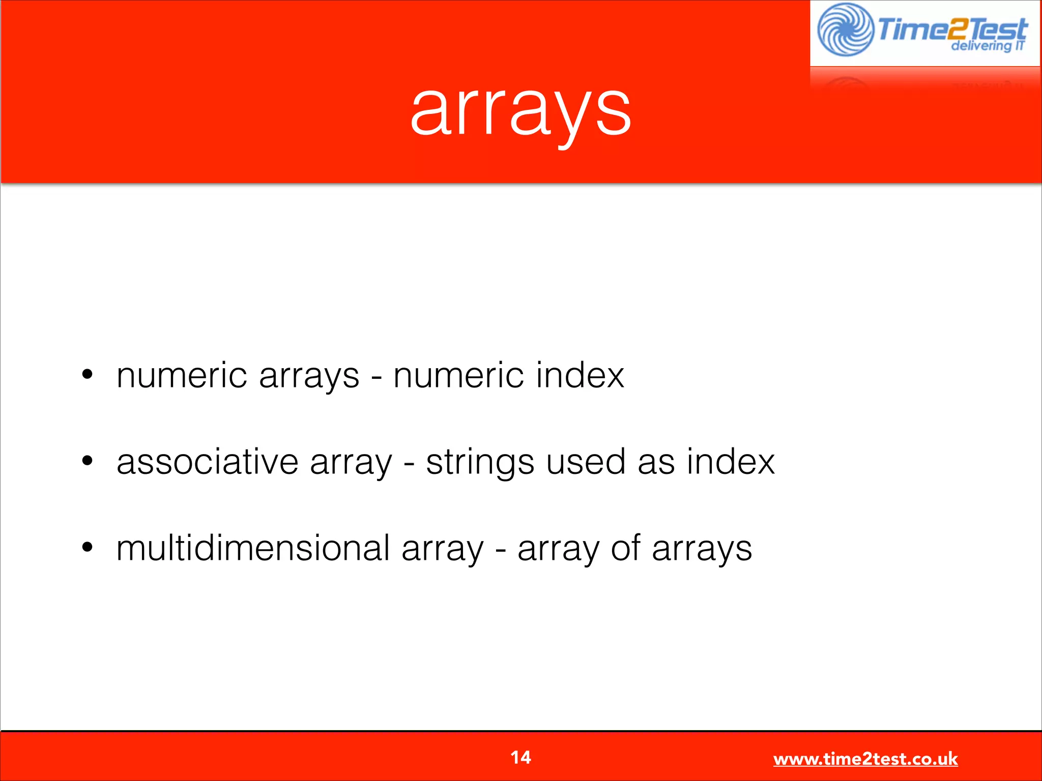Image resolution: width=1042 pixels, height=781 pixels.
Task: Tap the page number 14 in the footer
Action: [520, 758]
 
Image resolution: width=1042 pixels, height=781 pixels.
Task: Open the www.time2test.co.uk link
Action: [865, 759]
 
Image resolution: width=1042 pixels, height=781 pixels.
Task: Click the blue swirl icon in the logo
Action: [845, 29]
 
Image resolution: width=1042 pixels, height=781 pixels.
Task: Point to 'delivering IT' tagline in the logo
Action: [987, 46]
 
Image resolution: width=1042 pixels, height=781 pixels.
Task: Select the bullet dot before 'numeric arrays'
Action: [88, 375]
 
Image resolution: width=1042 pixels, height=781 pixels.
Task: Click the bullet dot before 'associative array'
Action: [88, 461]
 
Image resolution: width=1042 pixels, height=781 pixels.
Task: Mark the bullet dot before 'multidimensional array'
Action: [88, 548]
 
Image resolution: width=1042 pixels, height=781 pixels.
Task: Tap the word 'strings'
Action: [480, 463]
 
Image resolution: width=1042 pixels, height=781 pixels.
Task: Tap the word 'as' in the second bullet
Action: [656, 463]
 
